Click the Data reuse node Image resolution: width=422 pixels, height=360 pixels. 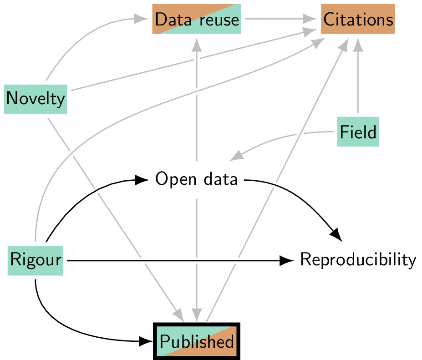tap(196, 19)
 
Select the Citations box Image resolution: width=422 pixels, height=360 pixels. tap(358, 19)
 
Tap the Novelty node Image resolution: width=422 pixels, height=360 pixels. tap(36, 98)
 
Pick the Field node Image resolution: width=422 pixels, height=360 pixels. tap(358, 132)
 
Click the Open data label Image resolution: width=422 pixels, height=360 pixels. tap(196, 179)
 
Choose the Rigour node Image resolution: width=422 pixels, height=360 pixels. tap(36, 260)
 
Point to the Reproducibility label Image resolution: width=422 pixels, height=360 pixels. tap(358, 260)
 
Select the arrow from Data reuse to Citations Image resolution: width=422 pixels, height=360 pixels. tap(280, 19)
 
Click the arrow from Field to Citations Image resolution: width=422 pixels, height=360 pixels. tap(358, 77)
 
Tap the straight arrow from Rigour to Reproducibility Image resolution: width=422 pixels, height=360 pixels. tap(173, 260)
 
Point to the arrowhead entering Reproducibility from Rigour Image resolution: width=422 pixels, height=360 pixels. tap(287, 260)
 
